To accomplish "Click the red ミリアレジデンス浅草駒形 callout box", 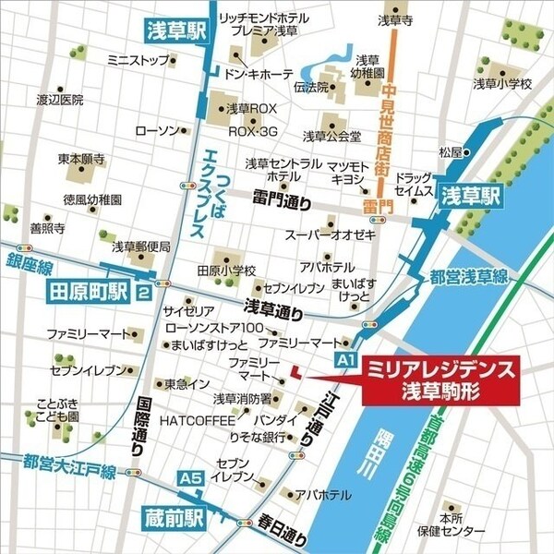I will (x=440, y=379).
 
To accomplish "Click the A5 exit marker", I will (x=190, y=478).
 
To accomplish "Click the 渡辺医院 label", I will (x=60, y=99).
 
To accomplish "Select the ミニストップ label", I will (x=135, y=60).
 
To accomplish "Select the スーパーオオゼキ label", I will (x=330, y=235).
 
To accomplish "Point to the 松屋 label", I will (x=450, y=151).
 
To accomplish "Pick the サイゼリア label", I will (x=187, y=310).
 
